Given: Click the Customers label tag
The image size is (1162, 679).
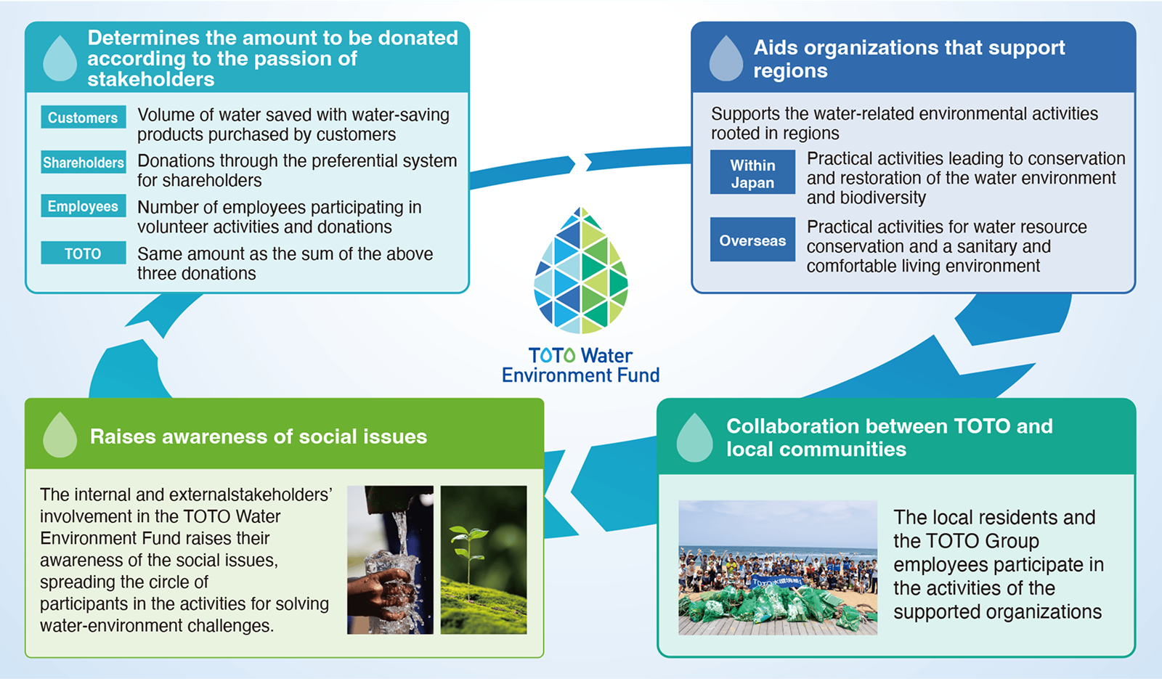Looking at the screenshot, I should point(83,118).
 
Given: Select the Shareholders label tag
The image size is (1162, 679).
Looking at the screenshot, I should point(84,163).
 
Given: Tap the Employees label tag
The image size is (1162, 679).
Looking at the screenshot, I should point(83,207).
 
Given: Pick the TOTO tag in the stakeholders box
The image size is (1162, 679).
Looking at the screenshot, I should point(83,253).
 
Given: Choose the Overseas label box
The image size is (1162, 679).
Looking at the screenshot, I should point(752,240).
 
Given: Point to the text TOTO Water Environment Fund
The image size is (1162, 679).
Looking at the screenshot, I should point(581,365).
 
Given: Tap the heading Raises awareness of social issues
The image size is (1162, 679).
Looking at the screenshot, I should point(259,436).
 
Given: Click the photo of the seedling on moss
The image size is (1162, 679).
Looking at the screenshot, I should point(484,560).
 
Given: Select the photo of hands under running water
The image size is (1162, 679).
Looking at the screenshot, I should point(390,560).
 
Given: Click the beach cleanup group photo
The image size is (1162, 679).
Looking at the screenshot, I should point(778,567).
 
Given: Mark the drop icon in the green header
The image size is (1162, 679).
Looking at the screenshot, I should point(60,435).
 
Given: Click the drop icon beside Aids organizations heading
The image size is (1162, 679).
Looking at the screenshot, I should point(726,59).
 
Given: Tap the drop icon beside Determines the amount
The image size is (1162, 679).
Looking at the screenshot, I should point(60,59).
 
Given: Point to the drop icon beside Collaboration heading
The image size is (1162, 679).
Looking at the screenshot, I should point(694,438).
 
